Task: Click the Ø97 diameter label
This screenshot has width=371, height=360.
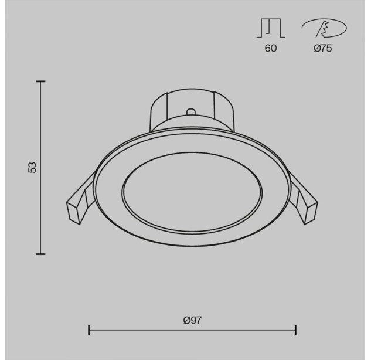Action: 192,320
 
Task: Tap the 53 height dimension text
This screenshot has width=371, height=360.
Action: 32,167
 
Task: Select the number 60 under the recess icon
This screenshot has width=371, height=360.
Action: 270,48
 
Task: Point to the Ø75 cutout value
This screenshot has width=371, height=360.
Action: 323,48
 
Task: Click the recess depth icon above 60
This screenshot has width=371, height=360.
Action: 271,28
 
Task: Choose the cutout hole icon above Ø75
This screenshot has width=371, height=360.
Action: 324,28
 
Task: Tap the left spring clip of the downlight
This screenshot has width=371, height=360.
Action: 81,201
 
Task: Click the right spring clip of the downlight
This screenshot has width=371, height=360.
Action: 303,201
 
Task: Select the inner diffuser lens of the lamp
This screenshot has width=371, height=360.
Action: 192,193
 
